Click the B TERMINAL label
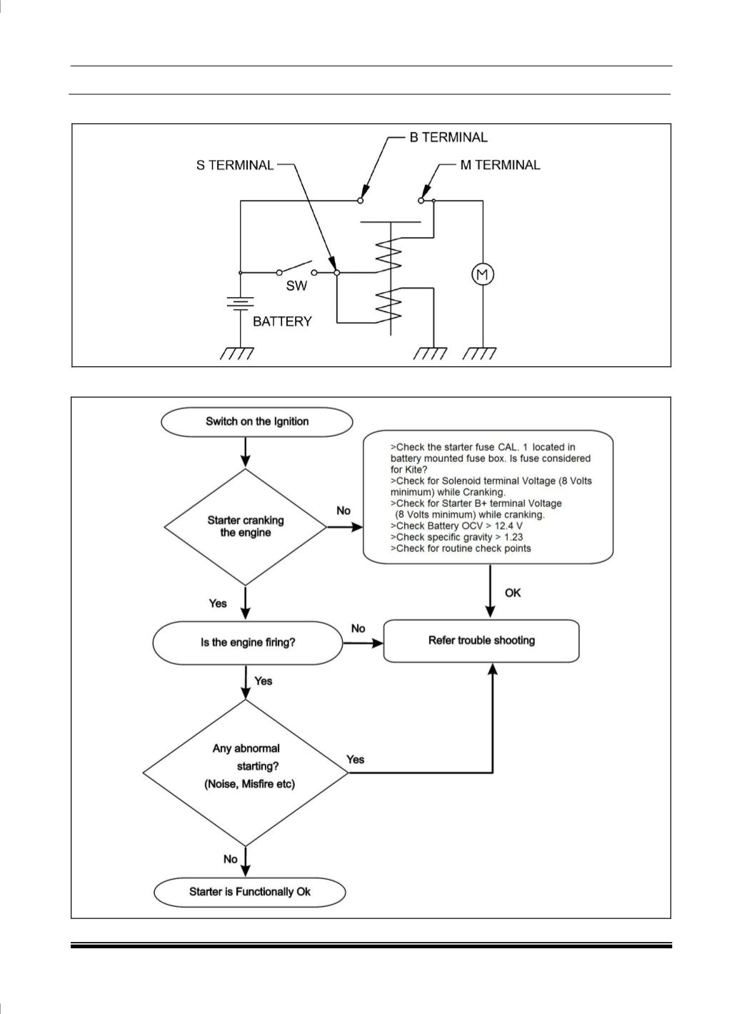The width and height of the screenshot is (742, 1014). coord(448,137)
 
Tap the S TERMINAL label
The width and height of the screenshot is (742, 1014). coord(235,165)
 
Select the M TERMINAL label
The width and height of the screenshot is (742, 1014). coord(500,165)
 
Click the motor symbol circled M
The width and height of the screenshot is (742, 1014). coord(483,275)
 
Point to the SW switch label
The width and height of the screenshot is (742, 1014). coord(296,286)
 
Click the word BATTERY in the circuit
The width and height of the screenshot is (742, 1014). coord(282,321)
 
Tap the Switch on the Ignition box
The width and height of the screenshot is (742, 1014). coord(256,422)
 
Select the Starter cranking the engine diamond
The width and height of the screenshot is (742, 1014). coord(246,527)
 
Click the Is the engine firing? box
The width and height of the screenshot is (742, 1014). coord(248,643)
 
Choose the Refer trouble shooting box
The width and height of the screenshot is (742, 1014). coord(481,641)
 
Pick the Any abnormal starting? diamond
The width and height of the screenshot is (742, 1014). coord(246,773)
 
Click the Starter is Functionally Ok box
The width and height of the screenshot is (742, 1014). coord(249,892)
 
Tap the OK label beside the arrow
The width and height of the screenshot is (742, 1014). coord(513,593)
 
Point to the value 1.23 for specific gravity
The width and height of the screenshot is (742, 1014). coord(513,537)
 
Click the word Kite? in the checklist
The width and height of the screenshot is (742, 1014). coord(408,470)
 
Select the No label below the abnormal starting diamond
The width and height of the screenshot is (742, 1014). coord(231,859)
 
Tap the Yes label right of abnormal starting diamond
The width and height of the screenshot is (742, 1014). coord(356,760)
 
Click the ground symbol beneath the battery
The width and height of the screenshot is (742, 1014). coord(237,353)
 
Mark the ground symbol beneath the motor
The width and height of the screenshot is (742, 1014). coord(479,353)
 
